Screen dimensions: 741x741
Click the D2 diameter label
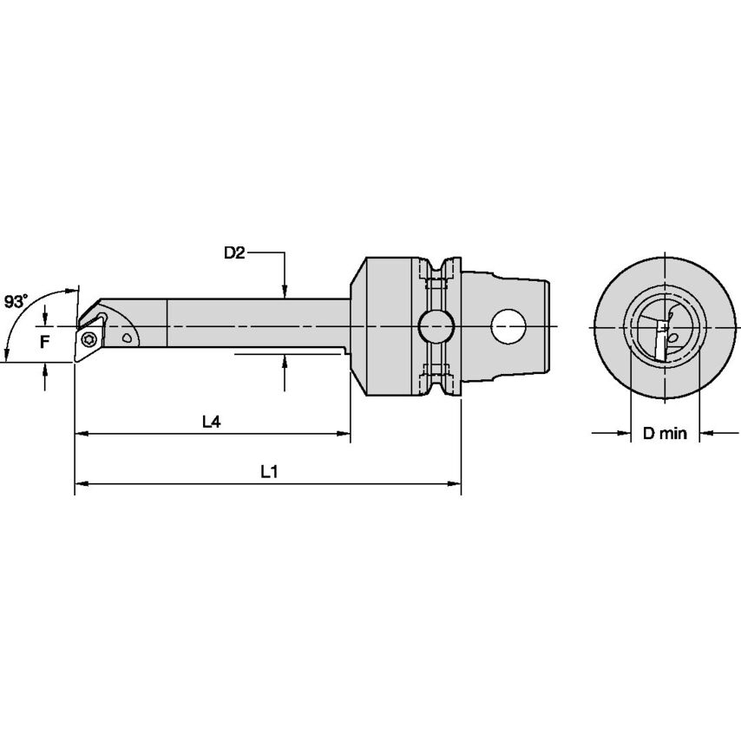pyautogui.click(x=235, y=253)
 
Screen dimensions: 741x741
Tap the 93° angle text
pyautogui.click(x=16, y=302)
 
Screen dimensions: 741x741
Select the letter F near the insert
pyautogui.click(x=43, y=341)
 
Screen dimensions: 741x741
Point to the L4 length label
pyautogui.click(x=211, y=422)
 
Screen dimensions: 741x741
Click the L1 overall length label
pyautogui.click(x=269, y=472)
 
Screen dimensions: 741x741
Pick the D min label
pyautogui.click(x=665, y=433)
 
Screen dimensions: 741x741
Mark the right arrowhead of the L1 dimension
pyautogui.click(x=454, y=482)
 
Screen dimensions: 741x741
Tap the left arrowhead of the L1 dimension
pyautogui.click(x=81, y=482)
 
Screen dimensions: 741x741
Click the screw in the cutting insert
pyautogui.click(x=89, y=338)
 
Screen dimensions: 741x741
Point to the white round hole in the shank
pyautogui.click(x=509, y=327)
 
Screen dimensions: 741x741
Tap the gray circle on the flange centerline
pyautogui.click(x=435, y=327)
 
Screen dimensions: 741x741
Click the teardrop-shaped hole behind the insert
pyautogui.click(x=128, y=336)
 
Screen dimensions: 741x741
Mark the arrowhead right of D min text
pyautogui.click(x=705, y=432)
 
